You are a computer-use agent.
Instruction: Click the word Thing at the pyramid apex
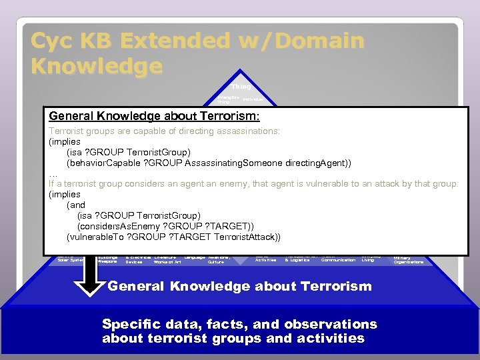pyautogui.click(x=241, y=87)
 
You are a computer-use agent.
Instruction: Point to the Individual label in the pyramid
pyautogui.click(x=252, y=99)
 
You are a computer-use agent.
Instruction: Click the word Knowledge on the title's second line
pyautogui.click(x=97, y=66)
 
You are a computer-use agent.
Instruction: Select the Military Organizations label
pyautogui.click(x=408, y=260)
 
